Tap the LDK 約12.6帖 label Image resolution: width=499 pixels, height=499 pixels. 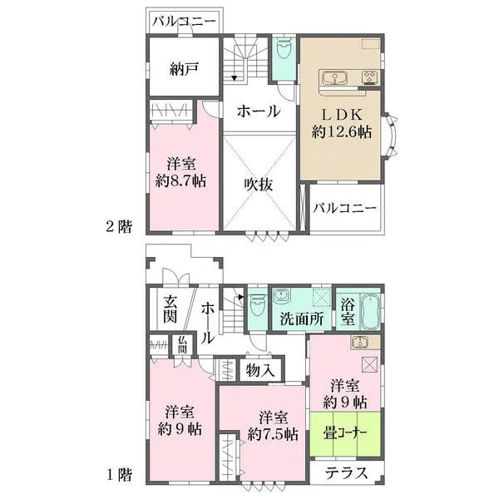pyautogui.click(x=341, y=123)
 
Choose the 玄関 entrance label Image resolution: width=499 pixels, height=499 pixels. pyautogui.click(x=170, y=309)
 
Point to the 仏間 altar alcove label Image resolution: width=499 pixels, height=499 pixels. pyautogui.click(x=183, y=343)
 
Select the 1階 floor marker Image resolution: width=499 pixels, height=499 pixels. pyautogui.click(x=119, y=476)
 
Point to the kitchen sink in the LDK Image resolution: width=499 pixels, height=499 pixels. pyautogui.click(x=336, y=79)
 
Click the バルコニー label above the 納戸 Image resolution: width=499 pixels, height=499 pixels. pyautogui.click(x=185, y=22)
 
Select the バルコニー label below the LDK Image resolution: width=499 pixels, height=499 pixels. pyautogui.click(x=345, y=209)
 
